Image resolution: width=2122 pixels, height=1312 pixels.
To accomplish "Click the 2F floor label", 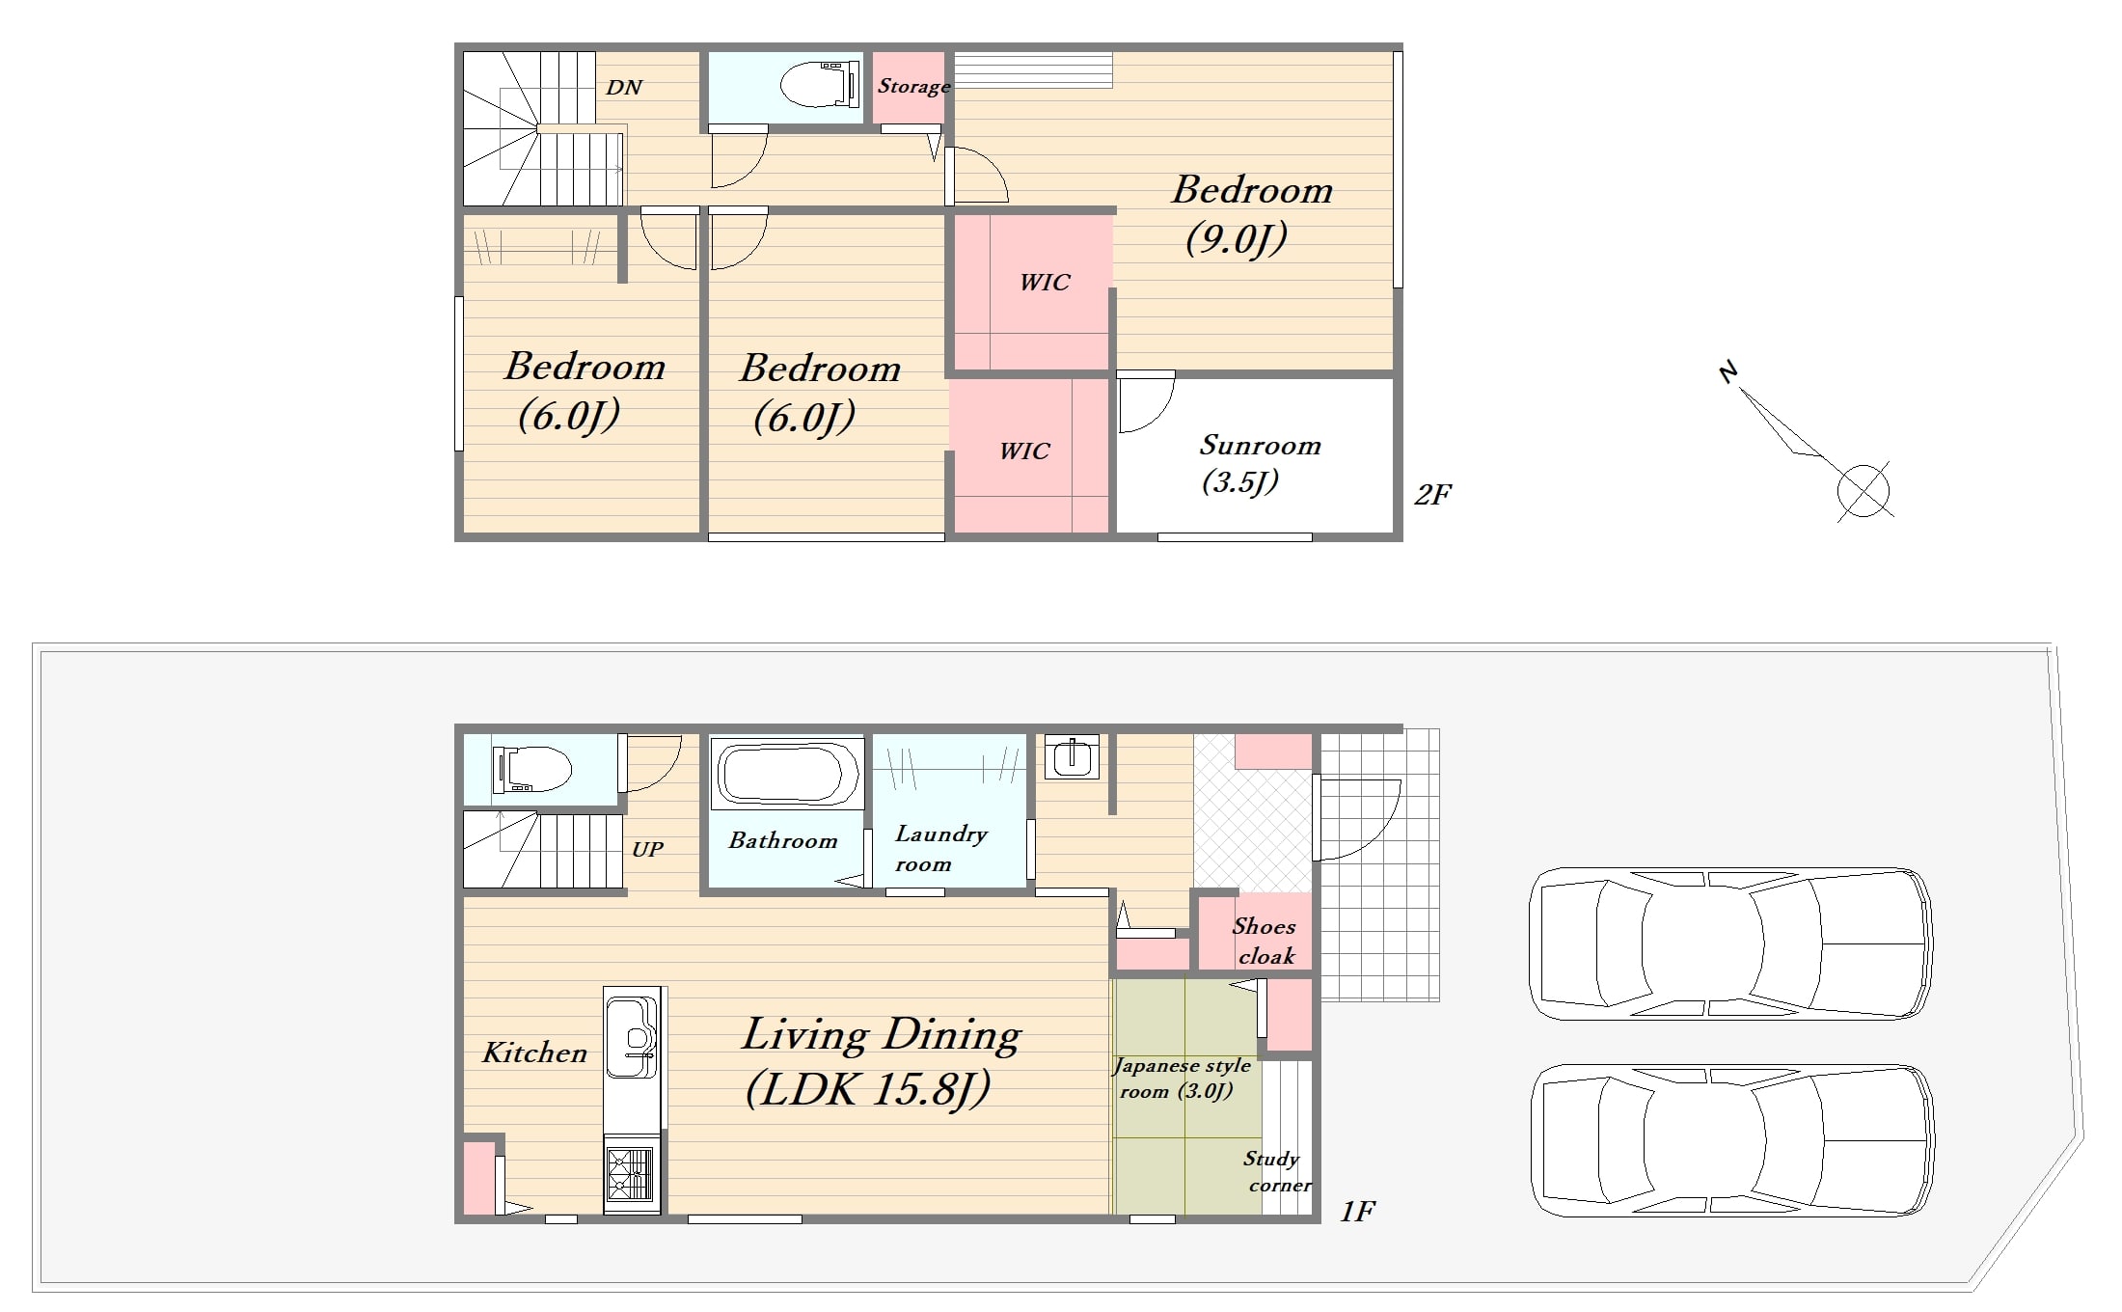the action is point(1433,494).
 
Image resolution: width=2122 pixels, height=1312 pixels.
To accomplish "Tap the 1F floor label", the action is point(1357,1212).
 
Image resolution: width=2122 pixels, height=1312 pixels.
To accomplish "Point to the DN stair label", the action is point(624,87).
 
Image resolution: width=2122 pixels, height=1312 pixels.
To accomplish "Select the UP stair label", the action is point(647,849).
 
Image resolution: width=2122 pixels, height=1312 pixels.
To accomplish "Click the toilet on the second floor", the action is point(819,85).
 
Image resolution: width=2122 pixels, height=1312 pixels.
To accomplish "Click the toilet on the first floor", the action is point(531,769).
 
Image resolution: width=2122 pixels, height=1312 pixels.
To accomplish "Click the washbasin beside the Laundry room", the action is point(1071,756).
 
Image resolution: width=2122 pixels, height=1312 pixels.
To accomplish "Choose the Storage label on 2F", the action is point(913,86).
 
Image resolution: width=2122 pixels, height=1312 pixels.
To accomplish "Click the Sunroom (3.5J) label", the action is point(1259,463).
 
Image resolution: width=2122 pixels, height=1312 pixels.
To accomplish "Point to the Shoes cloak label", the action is point(1265,941).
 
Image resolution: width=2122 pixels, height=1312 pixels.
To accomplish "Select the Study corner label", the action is point(1276,1171).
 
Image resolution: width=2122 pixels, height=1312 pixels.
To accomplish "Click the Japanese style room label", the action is point(1181,1079).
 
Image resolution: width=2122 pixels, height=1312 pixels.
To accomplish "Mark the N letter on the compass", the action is point(1728,371).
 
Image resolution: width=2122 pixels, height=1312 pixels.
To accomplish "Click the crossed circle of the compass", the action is point(1864,490).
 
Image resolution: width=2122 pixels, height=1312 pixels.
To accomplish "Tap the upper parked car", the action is point(1730,943).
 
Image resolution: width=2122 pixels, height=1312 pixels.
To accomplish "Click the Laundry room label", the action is point(940,848).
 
